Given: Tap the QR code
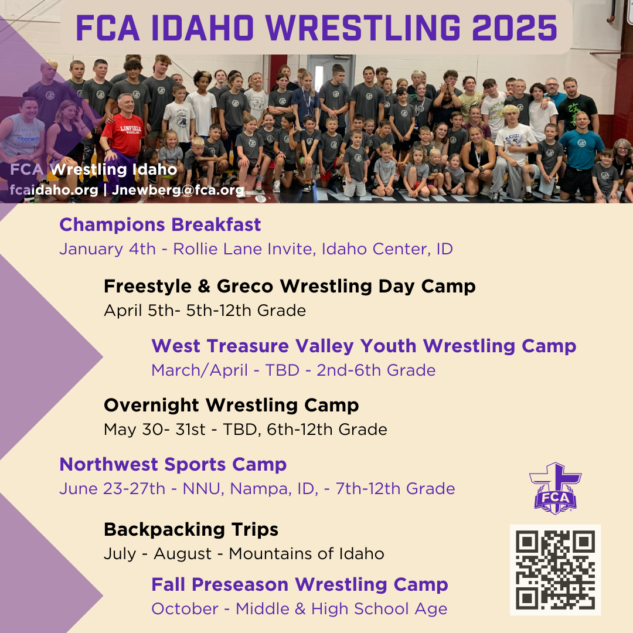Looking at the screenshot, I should click(555, 570).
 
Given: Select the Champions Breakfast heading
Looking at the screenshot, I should click(160, 224).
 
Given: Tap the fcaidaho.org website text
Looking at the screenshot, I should click(54, 190).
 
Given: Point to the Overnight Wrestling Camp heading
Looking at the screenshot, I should click(231, 405).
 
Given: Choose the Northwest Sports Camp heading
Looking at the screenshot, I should click(173, 464).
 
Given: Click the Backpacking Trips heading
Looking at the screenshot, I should click(190, 529).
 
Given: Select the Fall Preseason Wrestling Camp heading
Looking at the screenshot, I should click(300, 584).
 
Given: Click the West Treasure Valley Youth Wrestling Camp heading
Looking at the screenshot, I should click(363, 346).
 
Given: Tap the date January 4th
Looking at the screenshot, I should click(107, 249).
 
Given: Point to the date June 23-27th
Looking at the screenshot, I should click(112, 489).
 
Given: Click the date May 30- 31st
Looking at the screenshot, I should click(154, 430).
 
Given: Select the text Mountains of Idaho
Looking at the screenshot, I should click(306, 554).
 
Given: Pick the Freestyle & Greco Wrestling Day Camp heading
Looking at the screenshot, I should click(290, 286).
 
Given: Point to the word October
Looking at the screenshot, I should click(185, 609).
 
